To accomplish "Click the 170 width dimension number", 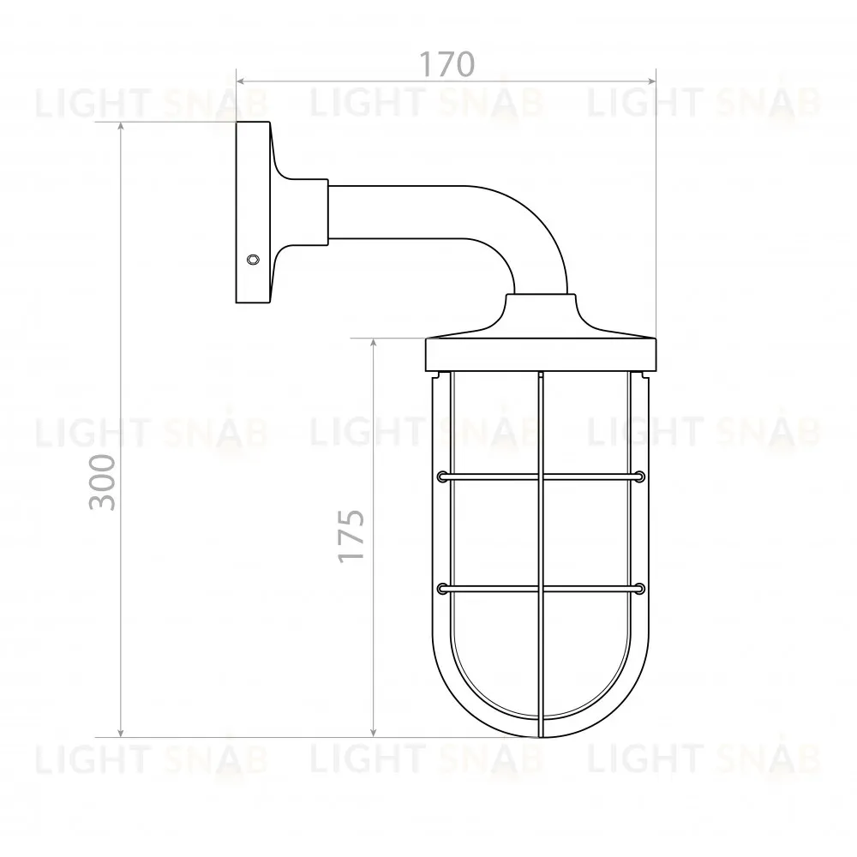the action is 446,64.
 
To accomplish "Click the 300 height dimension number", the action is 103,482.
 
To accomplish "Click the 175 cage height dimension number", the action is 351,536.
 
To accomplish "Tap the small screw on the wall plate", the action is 253,260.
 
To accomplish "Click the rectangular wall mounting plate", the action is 253,212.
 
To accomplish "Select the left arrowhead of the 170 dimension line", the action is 241,81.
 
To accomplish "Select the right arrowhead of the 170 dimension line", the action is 650,81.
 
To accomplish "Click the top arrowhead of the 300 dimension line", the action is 121,127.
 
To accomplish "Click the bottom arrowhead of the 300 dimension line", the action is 121,732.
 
